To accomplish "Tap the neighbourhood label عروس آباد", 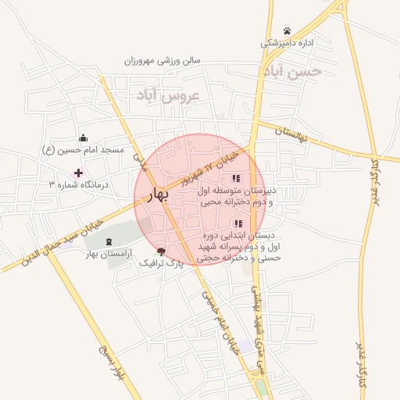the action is pyautogui.click(x=169, y=95).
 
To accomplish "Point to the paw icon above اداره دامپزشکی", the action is pyautogui.click(x=287, y=30).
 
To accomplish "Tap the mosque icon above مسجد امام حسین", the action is pyautogui.click(x=84, y=138).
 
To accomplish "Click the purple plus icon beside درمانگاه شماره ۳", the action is pyautogui.click(x=78, y=173).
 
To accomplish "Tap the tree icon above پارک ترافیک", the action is pyautogui.click(x=161, y=252).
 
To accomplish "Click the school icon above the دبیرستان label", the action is pyautogui.click(x=236, y=178).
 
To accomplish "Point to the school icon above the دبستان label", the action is pyautogui.click(x=237, y=224).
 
